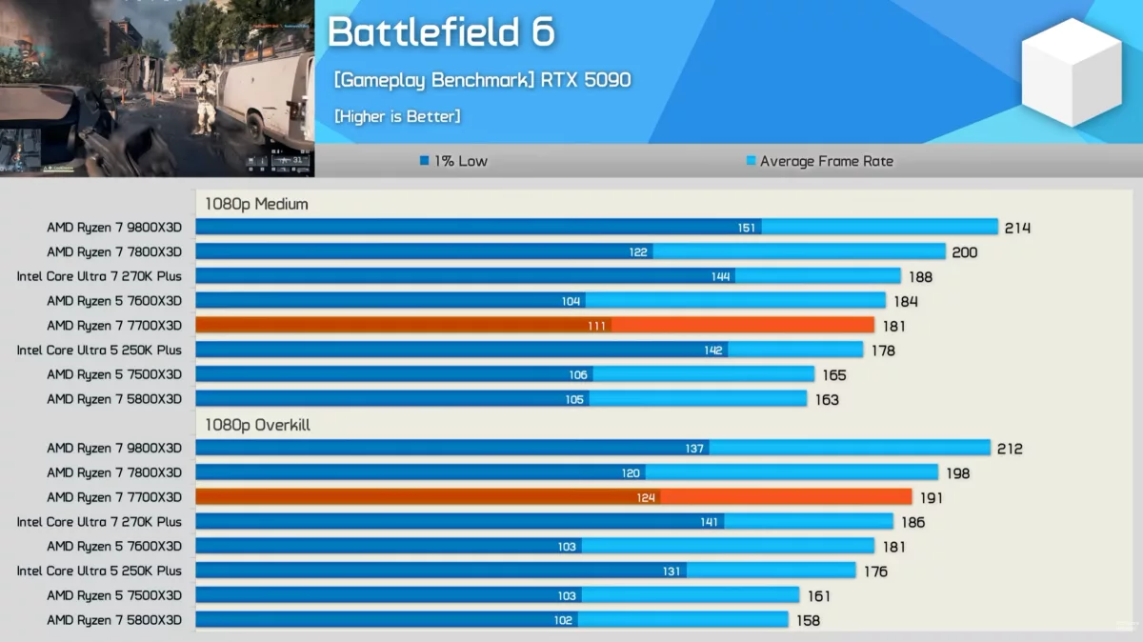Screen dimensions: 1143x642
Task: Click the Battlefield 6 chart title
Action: (x=441, y=31)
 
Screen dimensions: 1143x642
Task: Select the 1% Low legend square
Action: (x=424, y=161)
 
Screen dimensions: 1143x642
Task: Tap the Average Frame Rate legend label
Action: (x=827, y=161)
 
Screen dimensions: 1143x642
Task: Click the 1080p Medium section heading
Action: (x=256, y=204)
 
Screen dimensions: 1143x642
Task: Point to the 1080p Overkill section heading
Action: (x=258, y=425)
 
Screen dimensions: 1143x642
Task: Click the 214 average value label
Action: (x=1017, y=228)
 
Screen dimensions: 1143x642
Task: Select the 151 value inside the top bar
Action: (x=746, y=228)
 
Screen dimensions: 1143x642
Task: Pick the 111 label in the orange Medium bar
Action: (x=596, y=326)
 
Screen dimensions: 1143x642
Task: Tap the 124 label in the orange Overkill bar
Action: (x=646, y=497)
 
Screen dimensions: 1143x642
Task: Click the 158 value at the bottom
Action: (x=808, y=620)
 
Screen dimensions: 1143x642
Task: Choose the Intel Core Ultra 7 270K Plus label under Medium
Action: (x=99, y=276)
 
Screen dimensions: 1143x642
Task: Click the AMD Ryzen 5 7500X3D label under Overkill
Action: (x=114, y=595)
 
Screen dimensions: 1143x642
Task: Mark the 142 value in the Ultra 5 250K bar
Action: (x=712, y=351)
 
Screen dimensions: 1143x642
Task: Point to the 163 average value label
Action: (x=827, y=400)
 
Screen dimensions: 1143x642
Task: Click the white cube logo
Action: (x=1072, y=72)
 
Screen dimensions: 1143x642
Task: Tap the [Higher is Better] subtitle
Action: (x=397, y=116)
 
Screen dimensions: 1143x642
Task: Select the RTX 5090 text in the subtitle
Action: (x=586, y=80)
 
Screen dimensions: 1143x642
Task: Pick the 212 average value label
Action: (x=1010, y=449)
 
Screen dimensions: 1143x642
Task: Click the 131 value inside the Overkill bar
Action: (x=671, y=572)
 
